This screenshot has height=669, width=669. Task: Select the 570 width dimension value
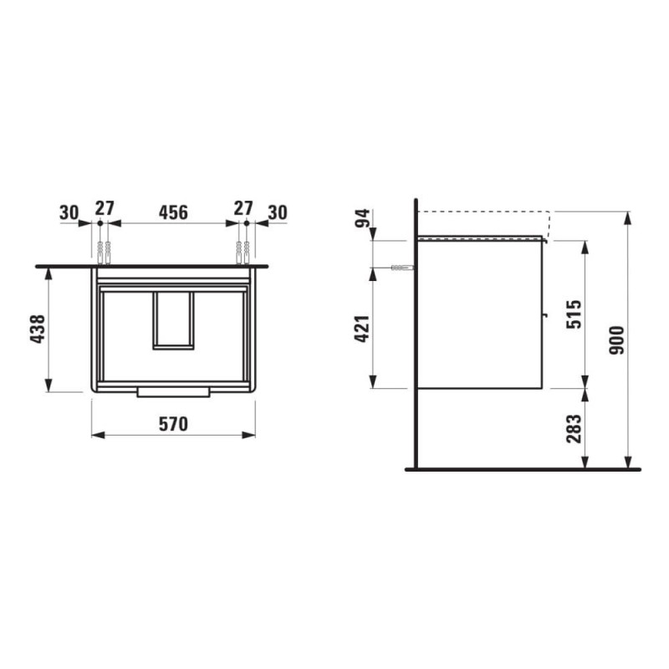click(x=173, y=424)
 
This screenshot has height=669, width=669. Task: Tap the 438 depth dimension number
click(x=37, y=329)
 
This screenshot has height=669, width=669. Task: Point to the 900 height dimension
click(x=617, y=340)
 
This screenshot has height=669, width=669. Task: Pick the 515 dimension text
click(x=573, y=314)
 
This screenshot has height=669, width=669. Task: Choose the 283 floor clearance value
click(x=573, y=427)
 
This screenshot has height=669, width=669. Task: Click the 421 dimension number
click(x=361, y=328)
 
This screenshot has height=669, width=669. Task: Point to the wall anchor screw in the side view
click(x=401, y=268)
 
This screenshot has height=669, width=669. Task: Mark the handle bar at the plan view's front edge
click(x=173, y=392)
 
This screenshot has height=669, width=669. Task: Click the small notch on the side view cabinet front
click(x=544, y=316)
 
